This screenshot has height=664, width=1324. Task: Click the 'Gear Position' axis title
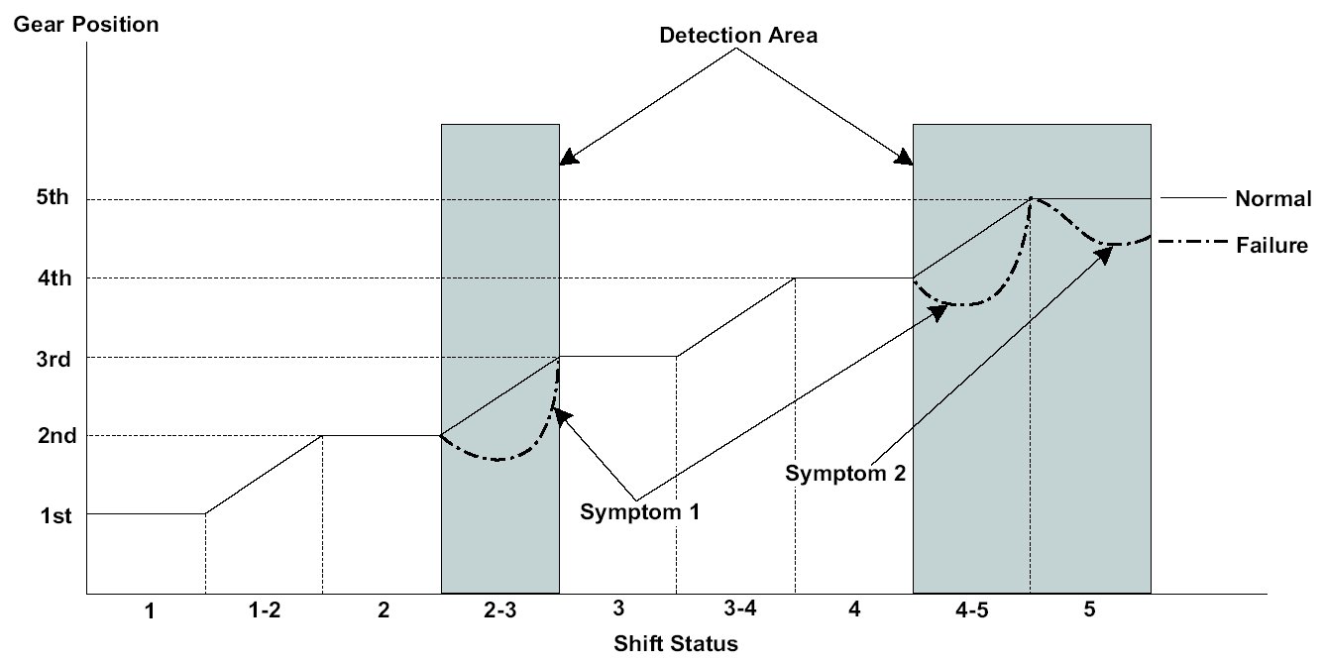[86, 25]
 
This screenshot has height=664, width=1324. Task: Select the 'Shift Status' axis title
[676, 643]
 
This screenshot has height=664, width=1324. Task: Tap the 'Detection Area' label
[738, 35]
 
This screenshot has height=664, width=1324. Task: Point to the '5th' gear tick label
[53, 197]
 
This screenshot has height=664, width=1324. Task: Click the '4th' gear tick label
[55, 277]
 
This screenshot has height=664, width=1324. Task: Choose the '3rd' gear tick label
[54, 359]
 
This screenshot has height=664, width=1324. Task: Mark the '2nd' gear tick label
[56, 436]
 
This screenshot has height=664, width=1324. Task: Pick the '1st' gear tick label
[55, 515]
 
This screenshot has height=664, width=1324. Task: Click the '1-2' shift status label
[265, 609]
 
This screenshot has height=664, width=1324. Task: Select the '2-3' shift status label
[500, 609]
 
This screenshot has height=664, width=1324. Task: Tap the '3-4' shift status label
[740, 608]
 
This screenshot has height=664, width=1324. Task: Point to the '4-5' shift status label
[972, 609]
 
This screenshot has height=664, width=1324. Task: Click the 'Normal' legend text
[1273, 198]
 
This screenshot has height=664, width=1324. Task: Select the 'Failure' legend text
[1272, 245]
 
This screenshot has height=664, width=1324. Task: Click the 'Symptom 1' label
[639, 511]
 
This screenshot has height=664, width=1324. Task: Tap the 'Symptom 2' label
[845, 473]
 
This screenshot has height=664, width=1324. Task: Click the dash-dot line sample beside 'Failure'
[1192, 241]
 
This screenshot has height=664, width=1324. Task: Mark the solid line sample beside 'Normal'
[1193, 197]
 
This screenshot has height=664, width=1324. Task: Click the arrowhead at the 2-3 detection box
[569, 158]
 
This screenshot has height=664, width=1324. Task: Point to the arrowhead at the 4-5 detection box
[904, 158]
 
